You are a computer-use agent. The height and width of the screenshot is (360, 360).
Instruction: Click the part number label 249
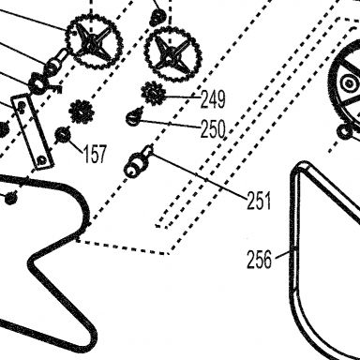(213, 99)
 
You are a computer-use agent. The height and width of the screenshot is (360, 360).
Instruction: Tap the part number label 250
(213, 129)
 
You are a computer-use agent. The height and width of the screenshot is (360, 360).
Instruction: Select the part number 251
(259, 201)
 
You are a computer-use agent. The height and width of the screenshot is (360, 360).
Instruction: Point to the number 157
(95, 154)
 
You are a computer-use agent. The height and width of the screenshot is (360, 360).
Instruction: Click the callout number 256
(259, 260)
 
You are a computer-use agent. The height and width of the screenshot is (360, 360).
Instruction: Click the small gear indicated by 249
(153, 93)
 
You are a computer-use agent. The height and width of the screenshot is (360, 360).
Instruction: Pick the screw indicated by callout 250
(133, 117)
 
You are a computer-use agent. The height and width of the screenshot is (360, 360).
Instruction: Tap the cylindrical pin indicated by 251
(138, 162)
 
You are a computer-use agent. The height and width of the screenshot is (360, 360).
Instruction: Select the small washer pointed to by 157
(63, 135)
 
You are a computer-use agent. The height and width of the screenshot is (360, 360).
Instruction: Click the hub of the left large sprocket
(92, 46)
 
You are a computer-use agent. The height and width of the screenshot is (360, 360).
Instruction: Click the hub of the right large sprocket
(172, 53)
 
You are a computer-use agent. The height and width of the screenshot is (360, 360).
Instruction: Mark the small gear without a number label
(82, 112)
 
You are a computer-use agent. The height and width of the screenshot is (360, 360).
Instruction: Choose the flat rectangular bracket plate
(33, 131)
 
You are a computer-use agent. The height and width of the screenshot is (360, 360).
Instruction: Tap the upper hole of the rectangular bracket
(22, 105)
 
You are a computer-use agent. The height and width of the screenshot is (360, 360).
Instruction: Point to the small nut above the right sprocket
(158, 17)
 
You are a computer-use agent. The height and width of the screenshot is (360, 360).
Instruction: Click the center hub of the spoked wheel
(349, 83)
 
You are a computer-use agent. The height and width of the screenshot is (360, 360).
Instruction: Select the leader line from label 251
(199, 175)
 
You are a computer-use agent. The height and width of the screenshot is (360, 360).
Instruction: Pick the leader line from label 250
(169, 124)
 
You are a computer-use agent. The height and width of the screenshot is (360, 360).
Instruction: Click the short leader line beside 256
(283, 253)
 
